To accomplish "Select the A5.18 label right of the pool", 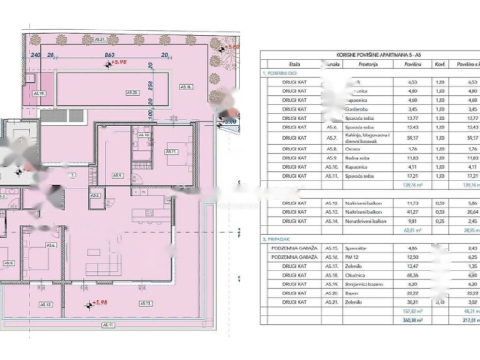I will (187, 87).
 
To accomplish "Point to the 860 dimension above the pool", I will (110, 55).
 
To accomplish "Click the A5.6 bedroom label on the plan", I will (51, 245).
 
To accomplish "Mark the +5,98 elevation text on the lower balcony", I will (100, 303).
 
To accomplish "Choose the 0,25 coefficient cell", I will (440, 221).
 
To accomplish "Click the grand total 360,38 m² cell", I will (413, 321).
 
